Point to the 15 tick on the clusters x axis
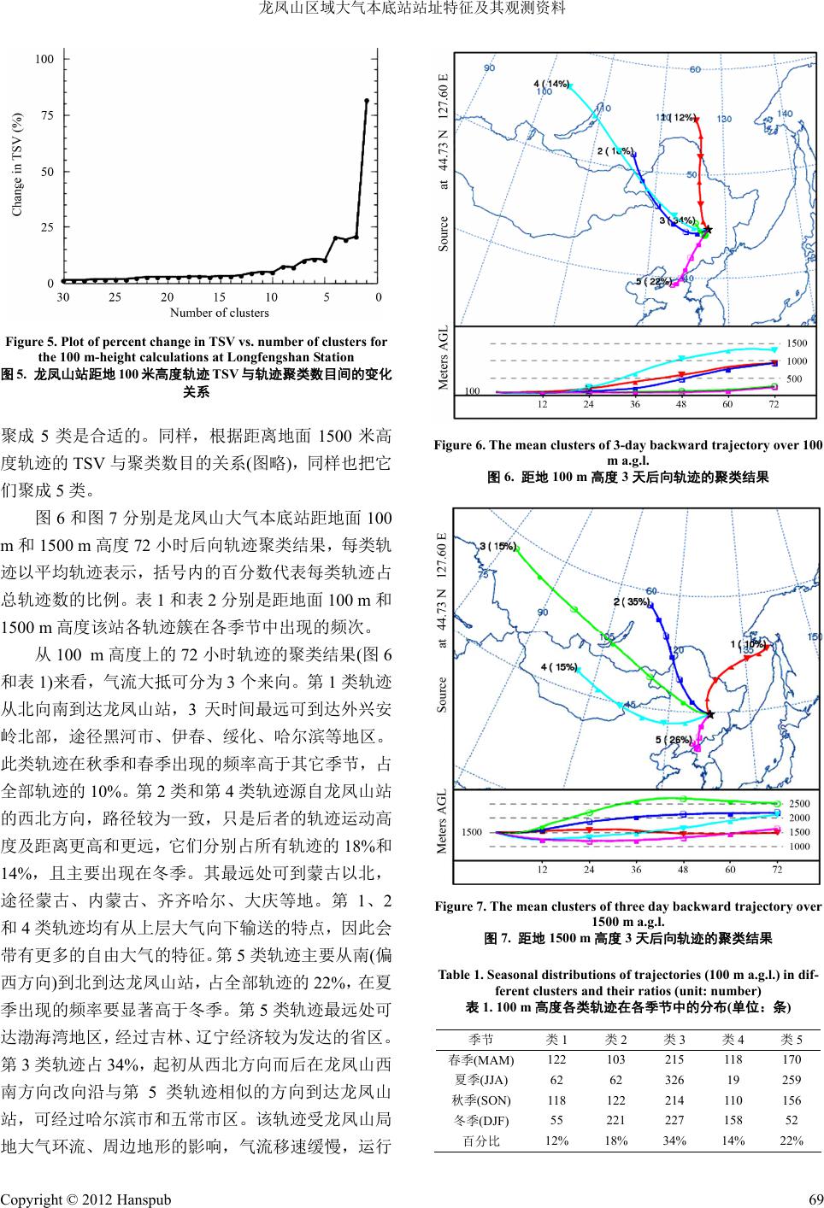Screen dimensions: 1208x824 [x=220, y=297]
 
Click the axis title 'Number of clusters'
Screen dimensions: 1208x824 [x=220, y=313]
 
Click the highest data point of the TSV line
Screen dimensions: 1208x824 [x=367, y=101]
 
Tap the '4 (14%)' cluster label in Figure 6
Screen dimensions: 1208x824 [x=551, y=84]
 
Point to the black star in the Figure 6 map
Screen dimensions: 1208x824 [x=707, y=230]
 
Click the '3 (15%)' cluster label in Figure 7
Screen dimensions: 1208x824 [x=498, y=546]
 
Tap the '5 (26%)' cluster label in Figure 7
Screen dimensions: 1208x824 [x=674, y=739]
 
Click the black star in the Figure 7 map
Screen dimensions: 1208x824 [x=710, y=713]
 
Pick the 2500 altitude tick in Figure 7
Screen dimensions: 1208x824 [x=798, y=804]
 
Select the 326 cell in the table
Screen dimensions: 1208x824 [x=674, y=1080]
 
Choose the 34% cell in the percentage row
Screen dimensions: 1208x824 [x=674, y=1141]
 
